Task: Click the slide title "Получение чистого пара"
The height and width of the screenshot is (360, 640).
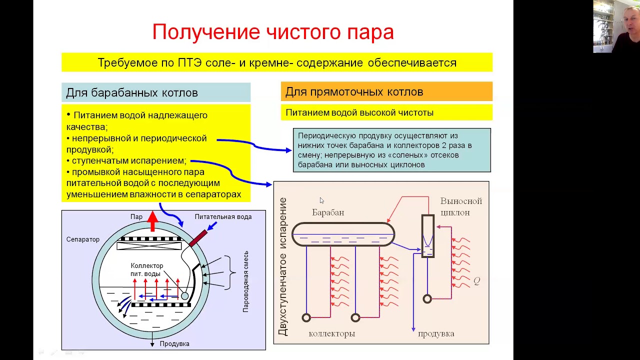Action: coord(273,32)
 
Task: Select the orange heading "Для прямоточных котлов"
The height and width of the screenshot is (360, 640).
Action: coord(354,92)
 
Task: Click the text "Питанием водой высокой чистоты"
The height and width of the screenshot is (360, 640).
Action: coord(359,113)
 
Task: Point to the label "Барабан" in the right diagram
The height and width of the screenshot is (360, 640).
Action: coord(328,212)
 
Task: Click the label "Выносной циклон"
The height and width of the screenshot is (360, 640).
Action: coord(460,206)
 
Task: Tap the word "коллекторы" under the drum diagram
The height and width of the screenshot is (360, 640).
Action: coord(331,333)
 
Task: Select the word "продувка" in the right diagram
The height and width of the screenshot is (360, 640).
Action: coord(436,333)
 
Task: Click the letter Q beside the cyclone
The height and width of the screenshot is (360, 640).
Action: coord(476,281)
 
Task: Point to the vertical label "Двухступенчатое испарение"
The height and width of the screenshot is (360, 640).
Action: coord(283,266)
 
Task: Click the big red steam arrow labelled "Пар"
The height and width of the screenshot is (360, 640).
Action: coord(153,221)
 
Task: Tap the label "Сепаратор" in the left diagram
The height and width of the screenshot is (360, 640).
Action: coord(83,239)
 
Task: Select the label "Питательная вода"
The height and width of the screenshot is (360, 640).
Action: coord(223,216)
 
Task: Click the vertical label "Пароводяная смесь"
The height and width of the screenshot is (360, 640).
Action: coord(246,281)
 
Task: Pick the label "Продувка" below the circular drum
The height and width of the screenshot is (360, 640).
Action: coord(174,343)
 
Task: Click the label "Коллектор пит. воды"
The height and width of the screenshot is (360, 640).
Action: coord(146,269)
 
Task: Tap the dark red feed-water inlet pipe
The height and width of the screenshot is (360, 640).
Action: coord(198,238)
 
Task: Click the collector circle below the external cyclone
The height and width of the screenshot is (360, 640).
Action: coord(427,299)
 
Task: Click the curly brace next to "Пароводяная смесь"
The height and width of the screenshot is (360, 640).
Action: coord(231,272)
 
